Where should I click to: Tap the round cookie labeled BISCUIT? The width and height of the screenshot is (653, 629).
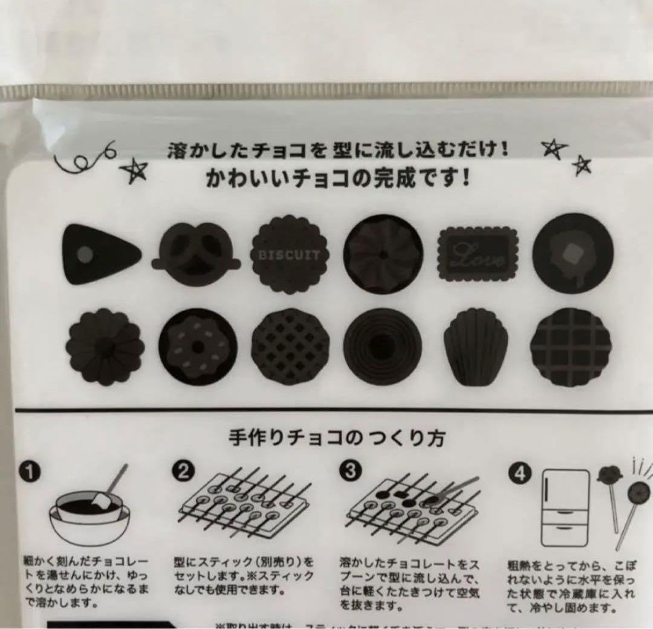pos(289,255)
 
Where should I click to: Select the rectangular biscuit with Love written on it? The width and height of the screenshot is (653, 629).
pos(478,255)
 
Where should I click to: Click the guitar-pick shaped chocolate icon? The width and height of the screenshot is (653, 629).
pos(100,254)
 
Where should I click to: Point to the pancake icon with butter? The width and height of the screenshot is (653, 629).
pos(573,253)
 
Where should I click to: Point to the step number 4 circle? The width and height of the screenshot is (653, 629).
pos(519,472)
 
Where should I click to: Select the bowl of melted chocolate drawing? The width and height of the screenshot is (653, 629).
pos(89,514)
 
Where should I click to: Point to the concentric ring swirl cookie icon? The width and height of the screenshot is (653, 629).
pos(382,346)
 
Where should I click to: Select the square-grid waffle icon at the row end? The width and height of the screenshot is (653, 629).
pos(571,347)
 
